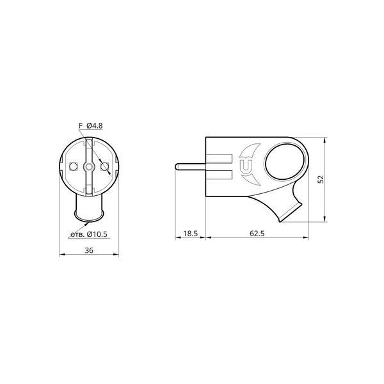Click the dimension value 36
click(x=89, y=250)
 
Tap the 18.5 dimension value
click(x=190, y=234)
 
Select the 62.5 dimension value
click(x=257, y=234)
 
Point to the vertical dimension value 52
click(x=321, y=179)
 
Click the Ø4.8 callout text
click(x=95, y=125)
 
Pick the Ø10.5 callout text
click(x=97, y=234)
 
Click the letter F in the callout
click(x=81, y=125)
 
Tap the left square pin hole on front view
click(x=73, y=166)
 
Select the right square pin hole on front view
click(x=104, y=166)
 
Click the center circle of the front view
click(x=89, y=167)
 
